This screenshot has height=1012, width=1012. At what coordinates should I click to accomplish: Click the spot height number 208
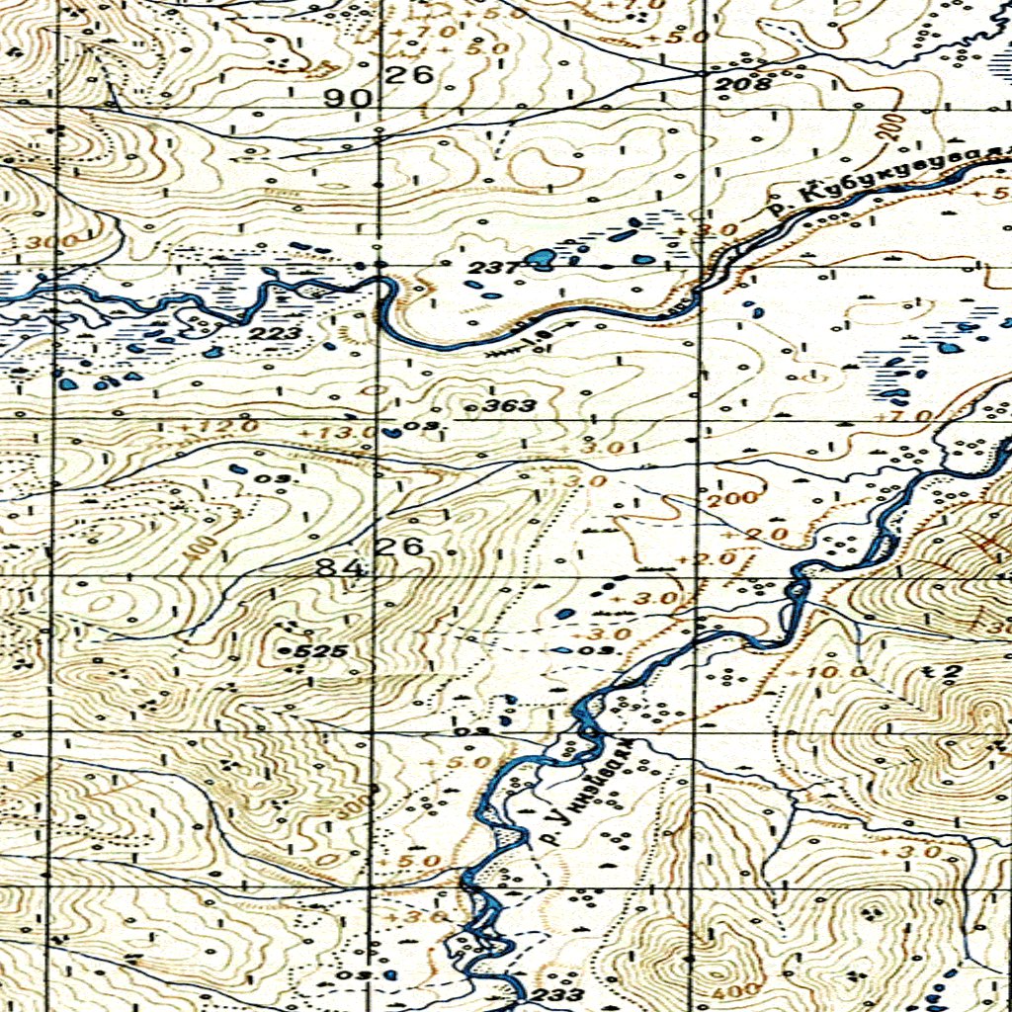743,85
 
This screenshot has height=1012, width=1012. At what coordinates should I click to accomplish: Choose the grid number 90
354,99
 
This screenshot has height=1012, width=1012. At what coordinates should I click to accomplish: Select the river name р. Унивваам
587,791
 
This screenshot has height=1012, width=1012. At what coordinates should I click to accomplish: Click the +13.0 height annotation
350,432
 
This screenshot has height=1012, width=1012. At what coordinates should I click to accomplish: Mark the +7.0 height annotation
910,415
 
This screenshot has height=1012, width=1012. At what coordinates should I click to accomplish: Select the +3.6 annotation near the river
406,917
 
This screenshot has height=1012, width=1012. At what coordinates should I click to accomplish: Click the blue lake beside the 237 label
541,260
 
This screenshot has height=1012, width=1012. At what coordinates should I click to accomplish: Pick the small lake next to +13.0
393,432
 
